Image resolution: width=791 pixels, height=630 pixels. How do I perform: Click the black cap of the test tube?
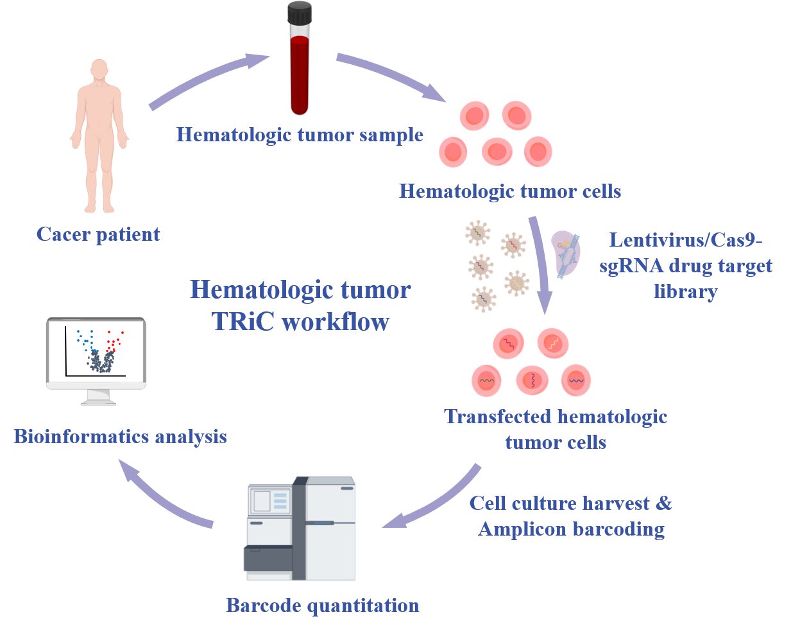pyautogui.click(x=300, y=13)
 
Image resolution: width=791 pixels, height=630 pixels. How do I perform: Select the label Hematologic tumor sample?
pyautogui.click(x=300, y=135)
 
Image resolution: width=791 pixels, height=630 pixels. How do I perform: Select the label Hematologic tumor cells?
pyautogui.click(x=510, y=191)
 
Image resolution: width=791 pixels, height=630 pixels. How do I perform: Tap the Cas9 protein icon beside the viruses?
pyautogui.click(x=565, y=254)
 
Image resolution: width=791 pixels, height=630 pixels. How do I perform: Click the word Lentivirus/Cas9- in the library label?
pyautogui.click(x=685, y=240)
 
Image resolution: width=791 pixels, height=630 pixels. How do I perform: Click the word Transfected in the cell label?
pyautogui.click(x=493, y=417)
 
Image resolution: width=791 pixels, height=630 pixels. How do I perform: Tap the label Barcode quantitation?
pyautogui.click(x=323, y=606)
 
